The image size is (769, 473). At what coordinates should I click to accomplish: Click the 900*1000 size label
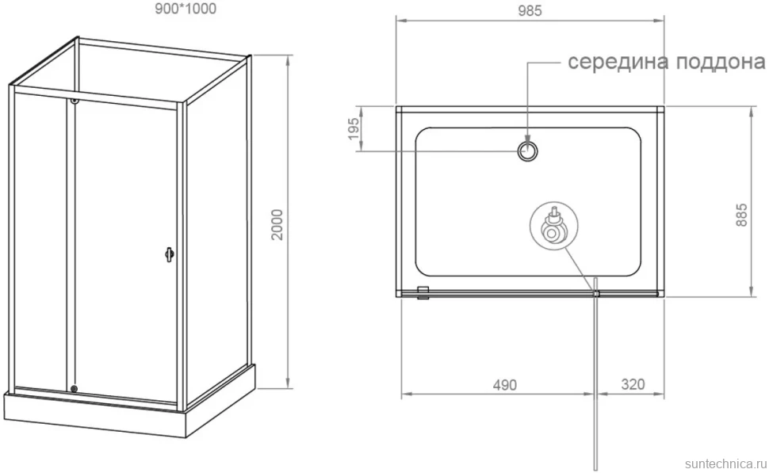186,9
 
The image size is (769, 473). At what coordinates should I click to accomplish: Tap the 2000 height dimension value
277,224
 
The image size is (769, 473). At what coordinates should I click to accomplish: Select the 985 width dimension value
530,11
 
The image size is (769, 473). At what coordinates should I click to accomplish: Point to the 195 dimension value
354,128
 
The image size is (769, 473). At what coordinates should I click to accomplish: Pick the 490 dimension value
505,385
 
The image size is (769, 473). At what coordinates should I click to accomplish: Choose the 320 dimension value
633,384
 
